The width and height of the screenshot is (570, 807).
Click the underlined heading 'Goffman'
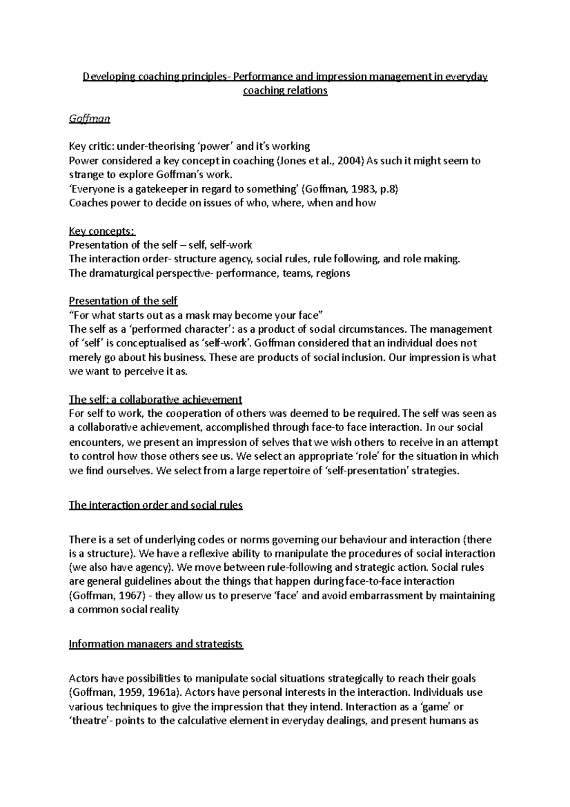click(89, 119)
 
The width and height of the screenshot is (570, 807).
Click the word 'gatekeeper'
click(160, 189)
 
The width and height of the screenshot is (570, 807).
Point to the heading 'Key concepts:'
click(102, 231)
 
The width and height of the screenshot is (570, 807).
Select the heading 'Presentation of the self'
click(123, 301)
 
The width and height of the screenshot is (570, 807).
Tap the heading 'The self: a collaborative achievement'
click(155, 399)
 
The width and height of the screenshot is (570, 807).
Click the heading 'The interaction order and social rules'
click(155, 505)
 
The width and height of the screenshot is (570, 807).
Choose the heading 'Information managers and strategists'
click(155, 644)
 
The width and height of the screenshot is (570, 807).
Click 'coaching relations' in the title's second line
click(285, 90)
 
